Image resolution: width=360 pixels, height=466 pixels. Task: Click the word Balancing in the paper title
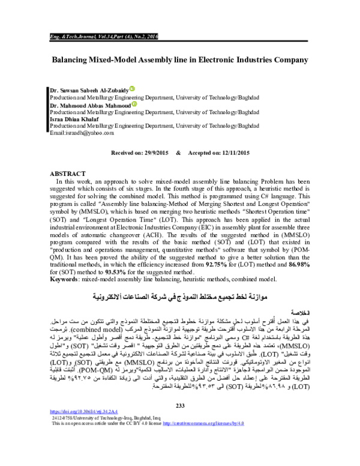(x=73, y=60)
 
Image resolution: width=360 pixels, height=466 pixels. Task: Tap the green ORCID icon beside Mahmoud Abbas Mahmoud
(x=134, y=104)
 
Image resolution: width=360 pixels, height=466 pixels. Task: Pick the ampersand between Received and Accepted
(x=178, y=138)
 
